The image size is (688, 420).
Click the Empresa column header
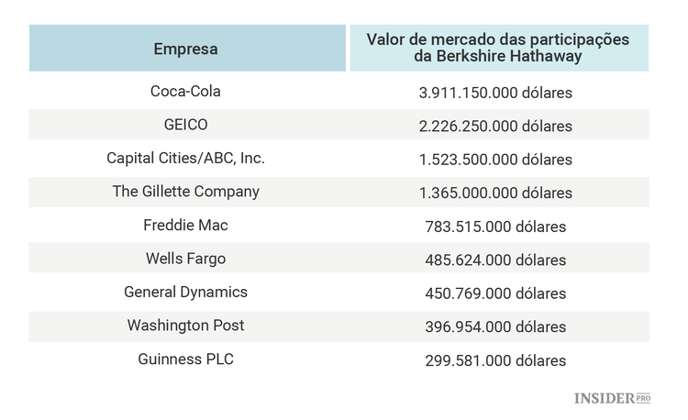(x=185, y=49)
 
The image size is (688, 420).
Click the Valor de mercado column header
(x=498, y=49)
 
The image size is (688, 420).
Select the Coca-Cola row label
(x=185, y=92)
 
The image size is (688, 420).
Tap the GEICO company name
(x=185, y=125)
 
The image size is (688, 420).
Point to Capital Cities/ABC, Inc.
(x=185, y=159)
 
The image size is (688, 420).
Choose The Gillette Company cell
(x=185, y=192)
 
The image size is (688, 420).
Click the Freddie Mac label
(x=185, y=226)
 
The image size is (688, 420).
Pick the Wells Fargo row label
(x=185, y=259)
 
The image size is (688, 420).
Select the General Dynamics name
(x=185, y=293)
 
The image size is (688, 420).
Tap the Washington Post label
(x=185, y=326)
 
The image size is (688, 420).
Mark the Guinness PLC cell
(x=185, y=359)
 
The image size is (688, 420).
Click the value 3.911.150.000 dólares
(x=495, y=93)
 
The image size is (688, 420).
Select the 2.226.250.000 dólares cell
(x=495, y=126)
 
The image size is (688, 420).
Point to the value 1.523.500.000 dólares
(x=495, y=160)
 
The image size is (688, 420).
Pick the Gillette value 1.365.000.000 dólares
(x=495, y=193)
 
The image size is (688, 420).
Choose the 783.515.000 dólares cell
(x=495, y=227)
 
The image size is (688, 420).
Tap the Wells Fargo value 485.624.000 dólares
(x=495, y=260)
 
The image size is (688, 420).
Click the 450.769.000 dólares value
(x=495, y=293)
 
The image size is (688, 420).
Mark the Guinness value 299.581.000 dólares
(x=495, y=360)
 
